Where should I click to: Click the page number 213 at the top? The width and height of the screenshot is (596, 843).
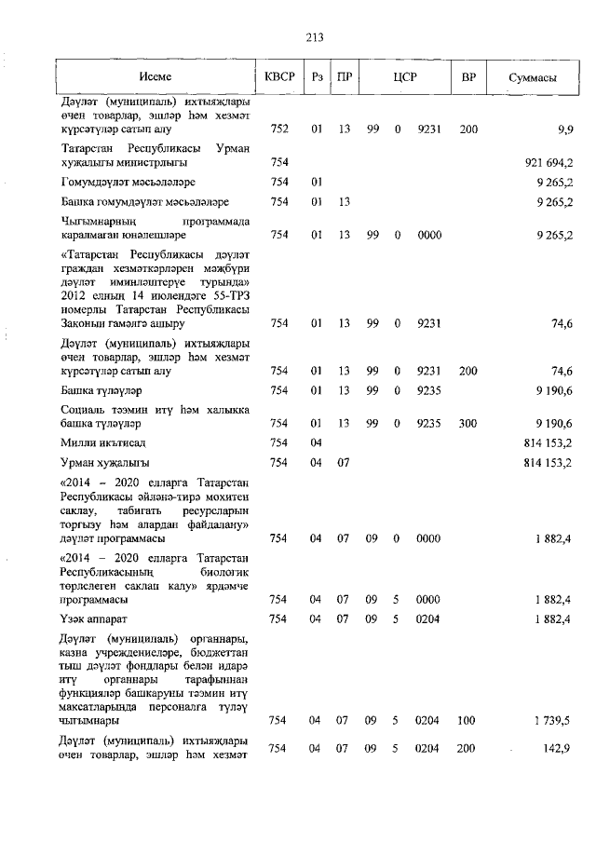pos(313,37)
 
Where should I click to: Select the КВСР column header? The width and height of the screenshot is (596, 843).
pos(279,77)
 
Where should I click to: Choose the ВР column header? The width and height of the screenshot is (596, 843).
pos(468,77)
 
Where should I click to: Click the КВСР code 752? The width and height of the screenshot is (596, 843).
pos(278,129)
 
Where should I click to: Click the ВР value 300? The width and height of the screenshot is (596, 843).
pos(468,423)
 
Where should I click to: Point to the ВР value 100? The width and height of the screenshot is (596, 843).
pos(468,719)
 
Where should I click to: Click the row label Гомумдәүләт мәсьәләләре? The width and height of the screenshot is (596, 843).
pos(128,182)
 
